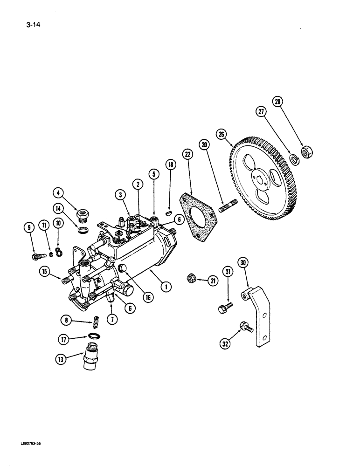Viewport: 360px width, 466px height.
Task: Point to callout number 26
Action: click(x=222, y=135)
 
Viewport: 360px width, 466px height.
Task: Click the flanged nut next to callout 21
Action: click(x=190, y=279)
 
